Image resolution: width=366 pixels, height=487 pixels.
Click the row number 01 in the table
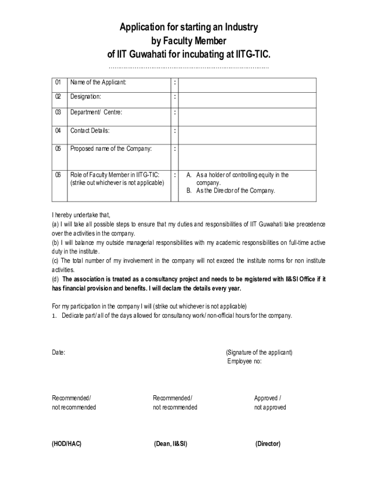(58, 83)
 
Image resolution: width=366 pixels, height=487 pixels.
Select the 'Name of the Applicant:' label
(98, 83)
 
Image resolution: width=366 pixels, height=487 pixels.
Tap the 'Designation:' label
(86, 97)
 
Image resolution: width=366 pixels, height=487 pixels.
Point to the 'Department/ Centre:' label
(96, 113)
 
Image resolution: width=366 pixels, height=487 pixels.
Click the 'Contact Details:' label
(90, 131)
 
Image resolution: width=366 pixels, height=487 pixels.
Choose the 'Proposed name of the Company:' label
(111, 148)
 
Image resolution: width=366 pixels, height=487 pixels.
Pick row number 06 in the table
(58, 175)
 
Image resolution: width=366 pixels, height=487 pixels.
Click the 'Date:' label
(58, 353)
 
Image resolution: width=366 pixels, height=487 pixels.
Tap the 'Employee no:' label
(244, 361)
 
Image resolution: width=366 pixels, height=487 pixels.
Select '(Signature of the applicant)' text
(259, 353)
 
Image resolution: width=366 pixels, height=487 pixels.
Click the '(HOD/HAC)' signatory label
(67, 444)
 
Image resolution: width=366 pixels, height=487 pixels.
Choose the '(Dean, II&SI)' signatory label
(170, 444)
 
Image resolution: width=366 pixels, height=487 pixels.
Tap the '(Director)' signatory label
(268, 444)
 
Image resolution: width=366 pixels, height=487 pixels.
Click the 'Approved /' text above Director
(268, 399)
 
